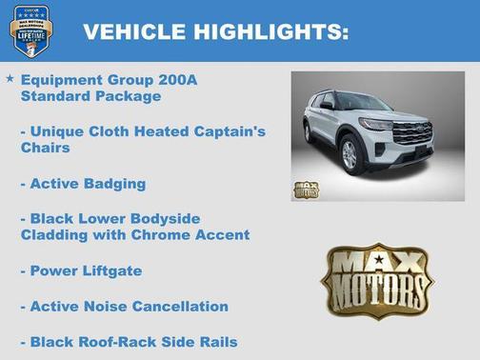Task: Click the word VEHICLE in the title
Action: [134, 32]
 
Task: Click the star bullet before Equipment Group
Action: [10, 78]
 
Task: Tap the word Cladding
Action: [57, 234]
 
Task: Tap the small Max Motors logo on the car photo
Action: [306, 189]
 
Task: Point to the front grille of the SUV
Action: [411, 132]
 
